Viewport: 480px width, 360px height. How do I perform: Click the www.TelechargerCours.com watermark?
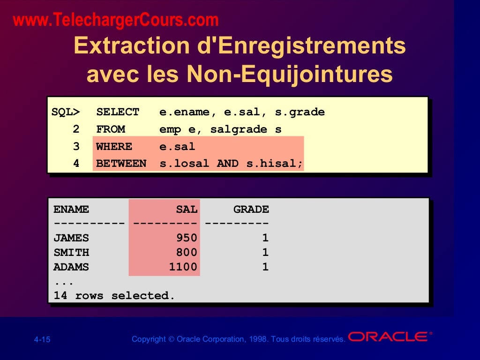(116, 20)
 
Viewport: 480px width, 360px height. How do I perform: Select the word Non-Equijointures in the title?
(289, 74)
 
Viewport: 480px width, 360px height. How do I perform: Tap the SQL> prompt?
(66, 112)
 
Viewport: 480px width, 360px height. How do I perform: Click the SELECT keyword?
(118, 112)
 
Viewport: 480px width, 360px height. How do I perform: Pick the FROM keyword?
(111, 129)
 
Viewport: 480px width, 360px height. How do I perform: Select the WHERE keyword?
(114, 147)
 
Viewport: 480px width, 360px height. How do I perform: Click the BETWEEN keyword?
(121, 164)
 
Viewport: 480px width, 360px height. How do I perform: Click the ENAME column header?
(71, 210)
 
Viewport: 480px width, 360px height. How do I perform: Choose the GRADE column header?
(251, 210)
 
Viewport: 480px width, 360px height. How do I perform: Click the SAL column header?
(187, 210)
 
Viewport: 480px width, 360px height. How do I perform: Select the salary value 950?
(187, 238)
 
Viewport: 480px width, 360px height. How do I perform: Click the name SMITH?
(71, 253)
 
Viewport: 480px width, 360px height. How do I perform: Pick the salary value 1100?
(183, 267)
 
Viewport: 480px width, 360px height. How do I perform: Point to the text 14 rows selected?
(114, 296)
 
